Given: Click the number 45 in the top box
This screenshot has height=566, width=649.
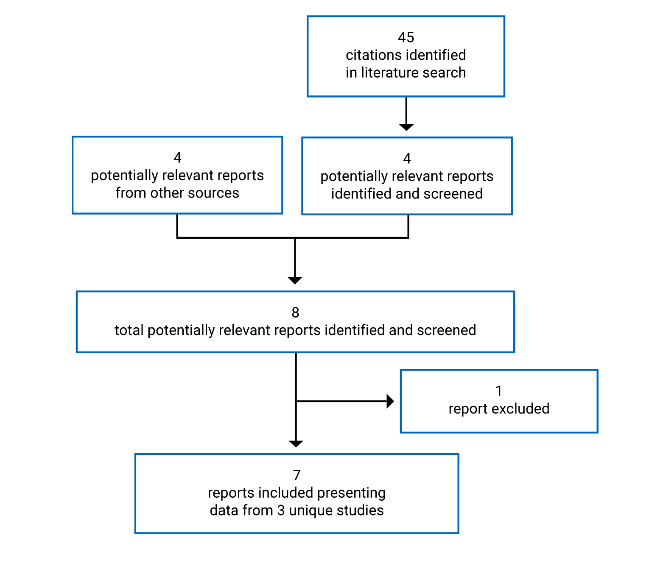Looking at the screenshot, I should (406, 37).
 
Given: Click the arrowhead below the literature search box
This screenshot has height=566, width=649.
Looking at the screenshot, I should (406, 127).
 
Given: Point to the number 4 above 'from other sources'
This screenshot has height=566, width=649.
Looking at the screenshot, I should (177, 158).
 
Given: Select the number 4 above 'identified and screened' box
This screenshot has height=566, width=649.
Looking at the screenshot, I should (407, 159).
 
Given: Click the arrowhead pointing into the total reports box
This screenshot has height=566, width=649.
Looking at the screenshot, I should (295, 280).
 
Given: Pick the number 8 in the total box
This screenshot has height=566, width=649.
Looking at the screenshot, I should (295, 312).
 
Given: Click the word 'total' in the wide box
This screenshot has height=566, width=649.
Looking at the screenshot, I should (129, 330).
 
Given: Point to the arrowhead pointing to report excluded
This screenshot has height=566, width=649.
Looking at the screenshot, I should (390, 401).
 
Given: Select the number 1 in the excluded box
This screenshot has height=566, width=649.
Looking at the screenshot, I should (499, 391).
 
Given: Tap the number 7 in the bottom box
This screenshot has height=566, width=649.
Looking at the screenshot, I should (297, 475).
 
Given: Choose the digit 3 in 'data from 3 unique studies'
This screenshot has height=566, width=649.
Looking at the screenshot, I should (281, 510).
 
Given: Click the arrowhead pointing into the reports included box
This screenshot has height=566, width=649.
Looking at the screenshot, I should (296, 443).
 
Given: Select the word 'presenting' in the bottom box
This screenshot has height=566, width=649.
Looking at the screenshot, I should (351, 493).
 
